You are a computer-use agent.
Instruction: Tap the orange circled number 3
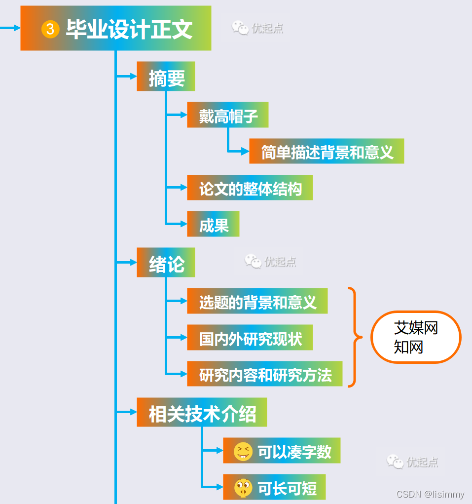tap(50, 29)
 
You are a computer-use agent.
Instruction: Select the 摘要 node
tap(166, 77)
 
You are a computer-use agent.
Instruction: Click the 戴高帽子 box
tap(228, 116)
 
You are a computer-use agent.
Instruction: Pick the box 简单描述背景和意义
tap(327, 152)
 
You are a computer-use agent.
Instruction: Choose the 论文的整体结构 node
tap(250, 188)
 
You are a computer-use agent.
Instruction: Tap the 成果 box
tap(214, 225)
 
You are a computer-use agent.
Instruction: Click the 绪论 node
tap(166, 263)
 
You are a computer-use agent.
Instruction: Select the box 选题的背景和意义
tap(257, 301)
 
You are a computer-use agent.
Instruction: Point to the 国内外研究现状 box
tap(250, 338)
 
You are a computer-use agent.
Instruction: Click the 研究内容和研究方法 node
tap(265, 374)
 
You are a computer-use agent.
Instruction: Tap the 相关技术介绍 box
tap(202, 413)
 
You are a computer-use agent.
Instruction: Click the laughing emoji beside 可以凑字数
tap(243, 451)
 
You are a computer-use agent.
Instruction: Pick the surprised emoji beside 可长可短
tap(243, 488)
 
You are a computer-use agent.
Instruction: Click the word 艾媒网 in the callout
tap(416, 328)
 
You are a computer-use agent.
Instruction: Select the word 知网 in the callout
tap(408, 347)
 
